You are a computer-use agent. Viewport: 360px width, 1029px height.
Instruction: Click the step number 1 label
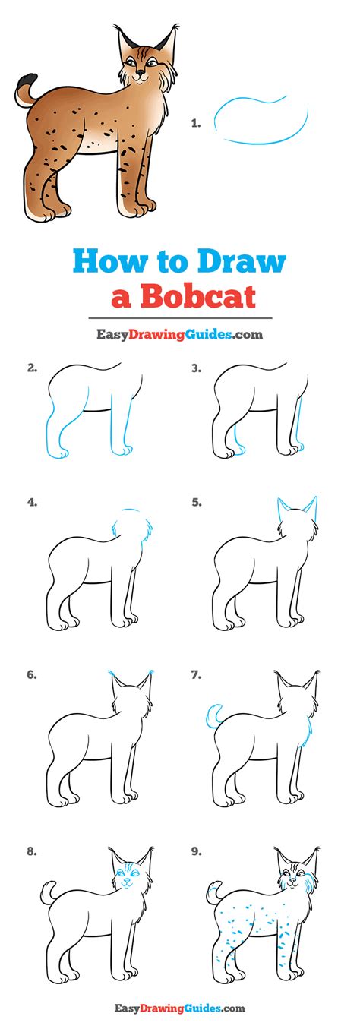tap(195, 122)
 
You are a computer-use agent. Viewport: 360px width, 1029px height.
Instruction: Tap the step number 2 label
tap(32, 368)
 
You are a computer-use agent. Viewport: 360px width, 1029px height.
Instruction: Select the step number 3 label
tap(196, 368)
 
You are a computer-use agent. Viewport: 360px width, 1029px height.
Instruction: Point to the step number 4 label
tap(32, 502)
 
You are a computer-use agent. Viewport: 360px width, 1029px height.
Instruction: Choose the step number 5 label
tap(196, 502)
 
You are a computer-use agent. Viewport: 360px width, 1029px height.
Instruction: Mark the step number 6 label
tap(32, 674)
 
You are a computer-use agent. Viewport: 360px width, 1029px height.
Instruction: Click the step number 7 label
tap(196, 674)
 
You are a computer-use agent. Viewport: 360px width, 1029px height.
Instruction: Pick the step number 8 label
tap(32, 851)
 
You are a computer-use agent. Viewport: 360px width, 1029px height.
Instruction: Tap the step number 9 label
tap(196, 851)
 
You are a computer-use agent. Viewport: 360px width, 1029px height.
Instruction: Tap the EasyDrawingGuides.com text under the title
tap(179, 333)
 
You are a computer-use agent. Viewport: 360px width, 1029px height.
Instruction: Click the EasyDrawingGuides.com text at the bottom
tap(179, 1008)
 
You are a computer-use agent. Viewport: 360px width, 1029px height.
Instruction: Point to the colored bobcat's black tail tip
tap(28, 79)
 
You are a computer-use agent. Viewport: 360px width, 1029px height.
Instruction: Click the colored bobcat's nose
tap(138, 74)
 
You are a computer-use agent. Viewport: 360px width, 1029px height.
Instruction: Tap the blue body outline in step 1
tap(262, 122)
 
